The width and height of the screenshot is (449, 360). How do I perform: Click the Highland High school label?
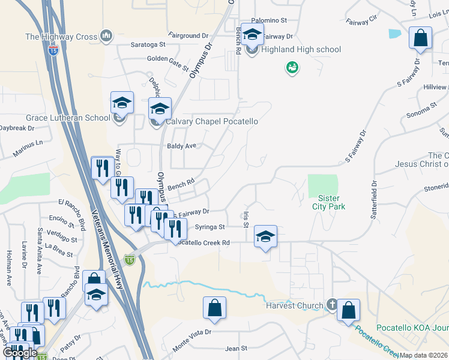click(x=301, y=50)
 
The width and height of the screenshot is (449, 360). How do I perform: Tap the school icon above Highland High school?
click(x=253, y=35)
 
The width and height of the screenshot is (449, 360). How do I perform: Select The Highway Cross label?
click(x=61, y=37)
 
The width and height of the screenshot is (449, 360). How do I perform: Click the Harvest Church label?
click(x=295, y=305)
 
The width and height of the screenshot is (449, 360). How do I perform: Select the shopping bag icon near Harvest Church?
click(x=348, y=311)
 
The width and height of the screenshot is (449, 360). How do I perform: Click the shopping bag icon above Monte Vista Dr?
click(x=214, y=308)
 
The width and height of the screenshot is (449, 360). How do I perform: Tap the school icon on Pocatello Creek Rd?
click(x=265, y=237)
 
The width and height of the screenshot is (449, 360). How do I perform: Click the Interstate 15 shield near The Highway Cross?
click(x=53, y=51)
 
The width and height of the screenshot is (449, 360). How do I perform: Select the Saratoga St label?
click(x=148, y=44)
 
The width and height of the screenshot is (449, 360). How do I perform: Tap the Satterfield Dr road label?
click(x=373, y=200)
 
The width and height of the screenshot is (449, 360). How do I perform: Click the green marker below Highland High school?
click(x=292, y=68)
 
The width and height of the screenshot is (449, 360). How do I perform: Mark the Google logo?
click(x=20, y=353)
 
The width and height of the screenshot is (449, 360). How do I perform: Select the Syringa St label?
click(x=210, y=227)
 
